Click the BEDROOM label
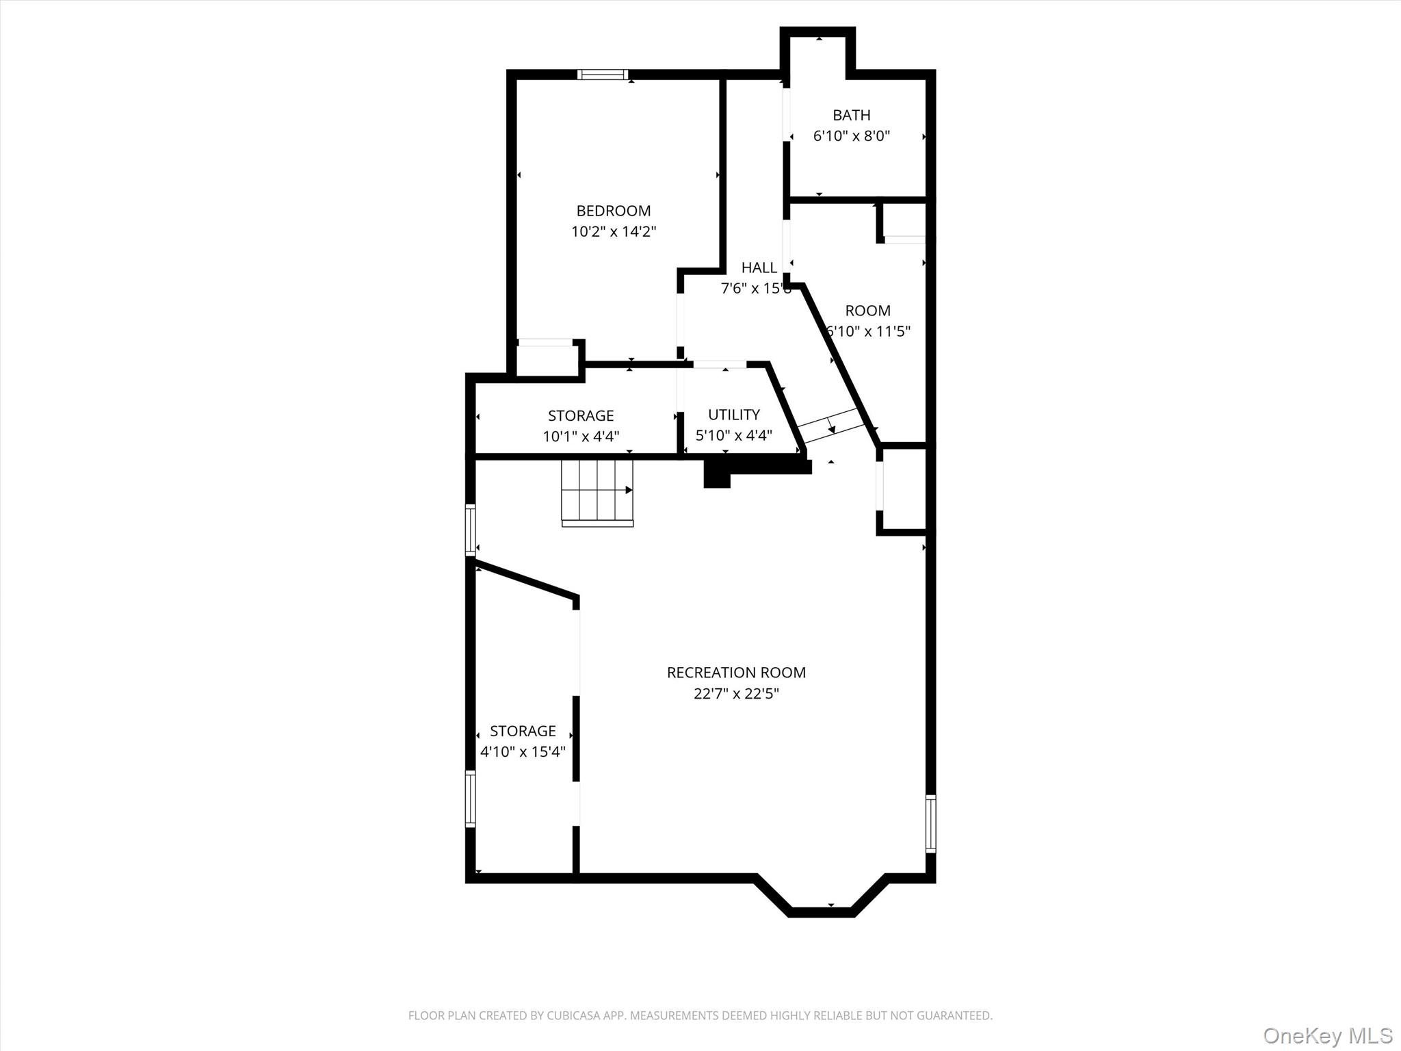point(613,211)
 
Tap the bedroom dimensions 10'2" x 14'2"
point(613,232)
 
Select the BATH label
point(851,115)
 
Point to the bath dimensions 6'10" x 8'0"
point(851,136)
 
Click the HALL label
point(759,268)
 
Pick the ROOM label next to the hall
point(867,311)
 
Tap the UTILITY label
point(733,415)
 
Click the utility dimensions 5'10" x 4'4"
point(733,436)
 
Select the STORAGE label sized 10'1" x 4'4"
point(580,415)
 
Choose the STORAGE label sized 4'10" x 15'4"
point(523,731)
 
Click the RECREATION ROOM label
point(736,673)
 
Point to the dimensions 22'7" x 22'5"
point(736,694)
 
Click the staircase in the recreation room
point(597,491)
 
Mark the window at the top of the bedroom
point(602,75)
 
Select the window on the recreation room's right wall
point(930,823)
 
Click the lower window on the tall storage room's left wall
point(470,799)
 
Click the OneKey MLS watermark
point(1327,1035)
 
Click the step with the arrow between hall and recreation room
point(830,426)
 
